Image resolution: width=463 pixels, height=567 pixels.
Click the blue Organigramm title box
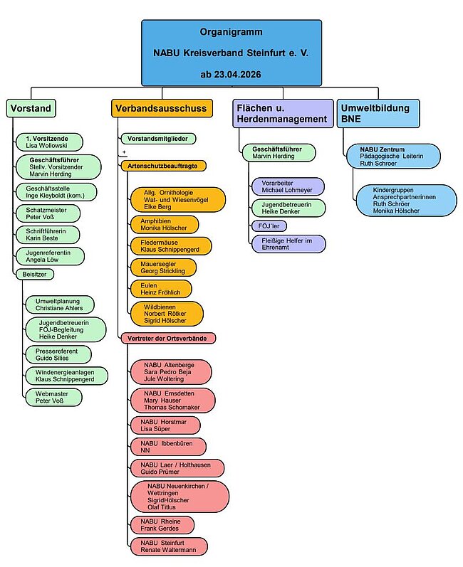click(231, 53)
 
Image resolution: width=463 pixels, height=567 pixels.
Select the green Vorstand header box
click(31, 108)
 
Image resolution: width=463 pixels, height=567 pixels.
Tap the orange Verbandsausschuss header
click(162, 108)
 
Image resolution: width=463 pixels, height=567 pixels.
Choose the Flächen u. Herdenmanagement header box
click(283, 114)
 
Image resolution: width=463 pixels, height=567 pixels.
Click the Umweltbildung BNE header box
click(378, 114)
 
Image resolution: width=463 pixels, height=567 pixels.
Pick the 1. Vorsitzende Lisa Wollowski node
click(49, 142)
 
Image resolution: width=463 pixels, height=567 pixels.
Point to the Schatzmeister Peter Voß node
click(48, 213)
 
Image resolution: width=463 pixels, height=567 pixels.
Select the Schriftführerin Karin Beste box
click(48, 235)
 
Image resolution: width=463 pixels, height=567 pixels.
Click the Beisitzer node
click(35, 275)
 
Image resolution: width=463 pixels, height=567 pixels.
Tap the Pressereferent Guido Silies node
click(58, 355)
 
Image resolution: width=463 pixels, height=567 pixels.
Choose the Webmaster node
click(53, 398)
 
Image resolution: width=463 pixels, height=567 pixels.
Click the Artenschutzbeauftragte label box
click(164, 166)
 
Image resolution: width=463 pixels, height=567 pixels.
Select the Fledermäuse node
click(171, 246)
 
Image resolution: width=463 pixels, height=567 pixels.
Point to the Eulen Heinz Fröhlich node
click(161, 289)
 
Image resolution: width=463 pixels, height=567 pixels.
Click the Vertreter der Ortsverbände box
click(169, 339)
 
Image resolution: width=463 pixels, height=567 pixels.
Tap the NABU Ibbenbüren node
click(168, 447)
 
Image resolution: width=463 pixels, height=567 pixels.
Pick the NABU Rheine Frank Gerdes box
click(162, 525)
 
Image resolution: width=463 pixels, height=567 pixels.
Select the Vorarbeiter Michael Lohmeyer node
click(288, 186)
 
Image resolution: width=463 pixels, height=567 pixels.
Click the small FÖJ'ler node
click(269, 226)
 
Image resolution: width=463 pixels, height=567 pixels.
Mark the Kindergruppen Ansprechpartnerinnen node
click(406, 201)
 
